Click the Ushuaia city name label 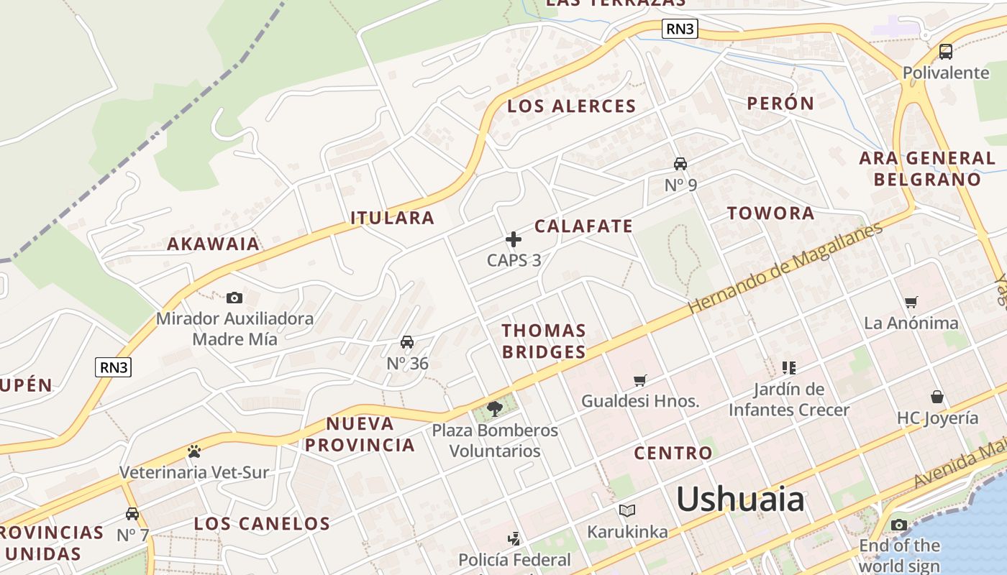(x=739, y=499)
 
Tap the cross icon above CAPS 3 (x=514, y=239)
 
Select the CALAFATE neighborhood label (x=583, y=226)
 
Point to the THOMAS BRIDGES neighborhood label (x=544, y=341)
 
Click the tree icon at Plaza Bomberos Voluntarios (x=494, y=409)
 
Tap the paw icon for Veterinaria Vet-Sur (x=193, y=451)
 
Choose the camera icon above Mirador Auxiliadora (x=234, y=298)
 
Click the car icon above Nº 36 (x=407, y=342)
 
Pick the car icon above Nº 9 (x=680, y=164)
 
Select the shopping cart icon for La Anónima (x=911, y=303)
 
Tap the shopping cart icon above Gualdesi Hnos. (x=640, y=380)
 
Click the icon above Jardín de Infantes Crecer (x=789, y=368)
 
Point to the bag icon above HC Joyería (x=937, y=397)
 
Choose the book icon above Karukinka (x=627, y=511)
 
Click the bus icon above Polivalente (x=946, y=52)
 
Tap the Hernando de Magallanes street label (x=785, y=268)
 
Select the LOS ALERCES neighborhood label (x=572, y=106)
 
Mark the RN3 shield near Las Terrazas (x=680, y=29)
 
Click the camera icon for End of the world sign (x=899, y=525)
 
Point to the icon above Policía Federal (x=514, y=538)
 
